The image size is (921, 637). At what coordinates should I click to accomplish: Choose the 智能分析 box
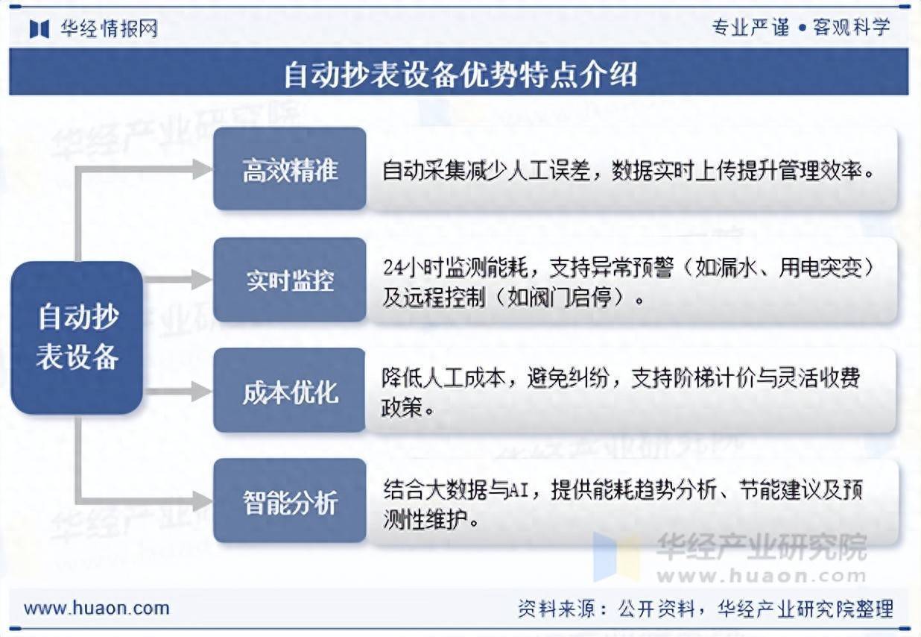point(290,501)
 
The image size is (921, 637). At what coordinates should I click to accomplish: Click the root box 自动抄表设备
point(77,337)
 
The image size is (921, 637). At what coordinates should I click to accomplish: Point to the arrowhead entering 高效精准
point(202,169)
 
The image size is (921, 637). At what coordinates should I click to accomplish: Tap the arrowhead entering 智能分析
point(202,501)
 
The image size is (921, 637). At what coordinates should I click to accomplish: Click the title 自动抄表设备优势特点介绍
point(460,74)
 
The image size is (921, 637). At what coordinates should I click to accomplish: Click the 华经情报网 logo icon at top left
point(39,28)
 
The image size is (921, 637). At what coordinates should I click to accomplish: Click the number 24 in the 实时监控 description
point(393,266)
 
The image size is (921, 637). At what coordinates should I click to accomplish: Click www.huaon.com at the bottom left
point(97,608)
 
